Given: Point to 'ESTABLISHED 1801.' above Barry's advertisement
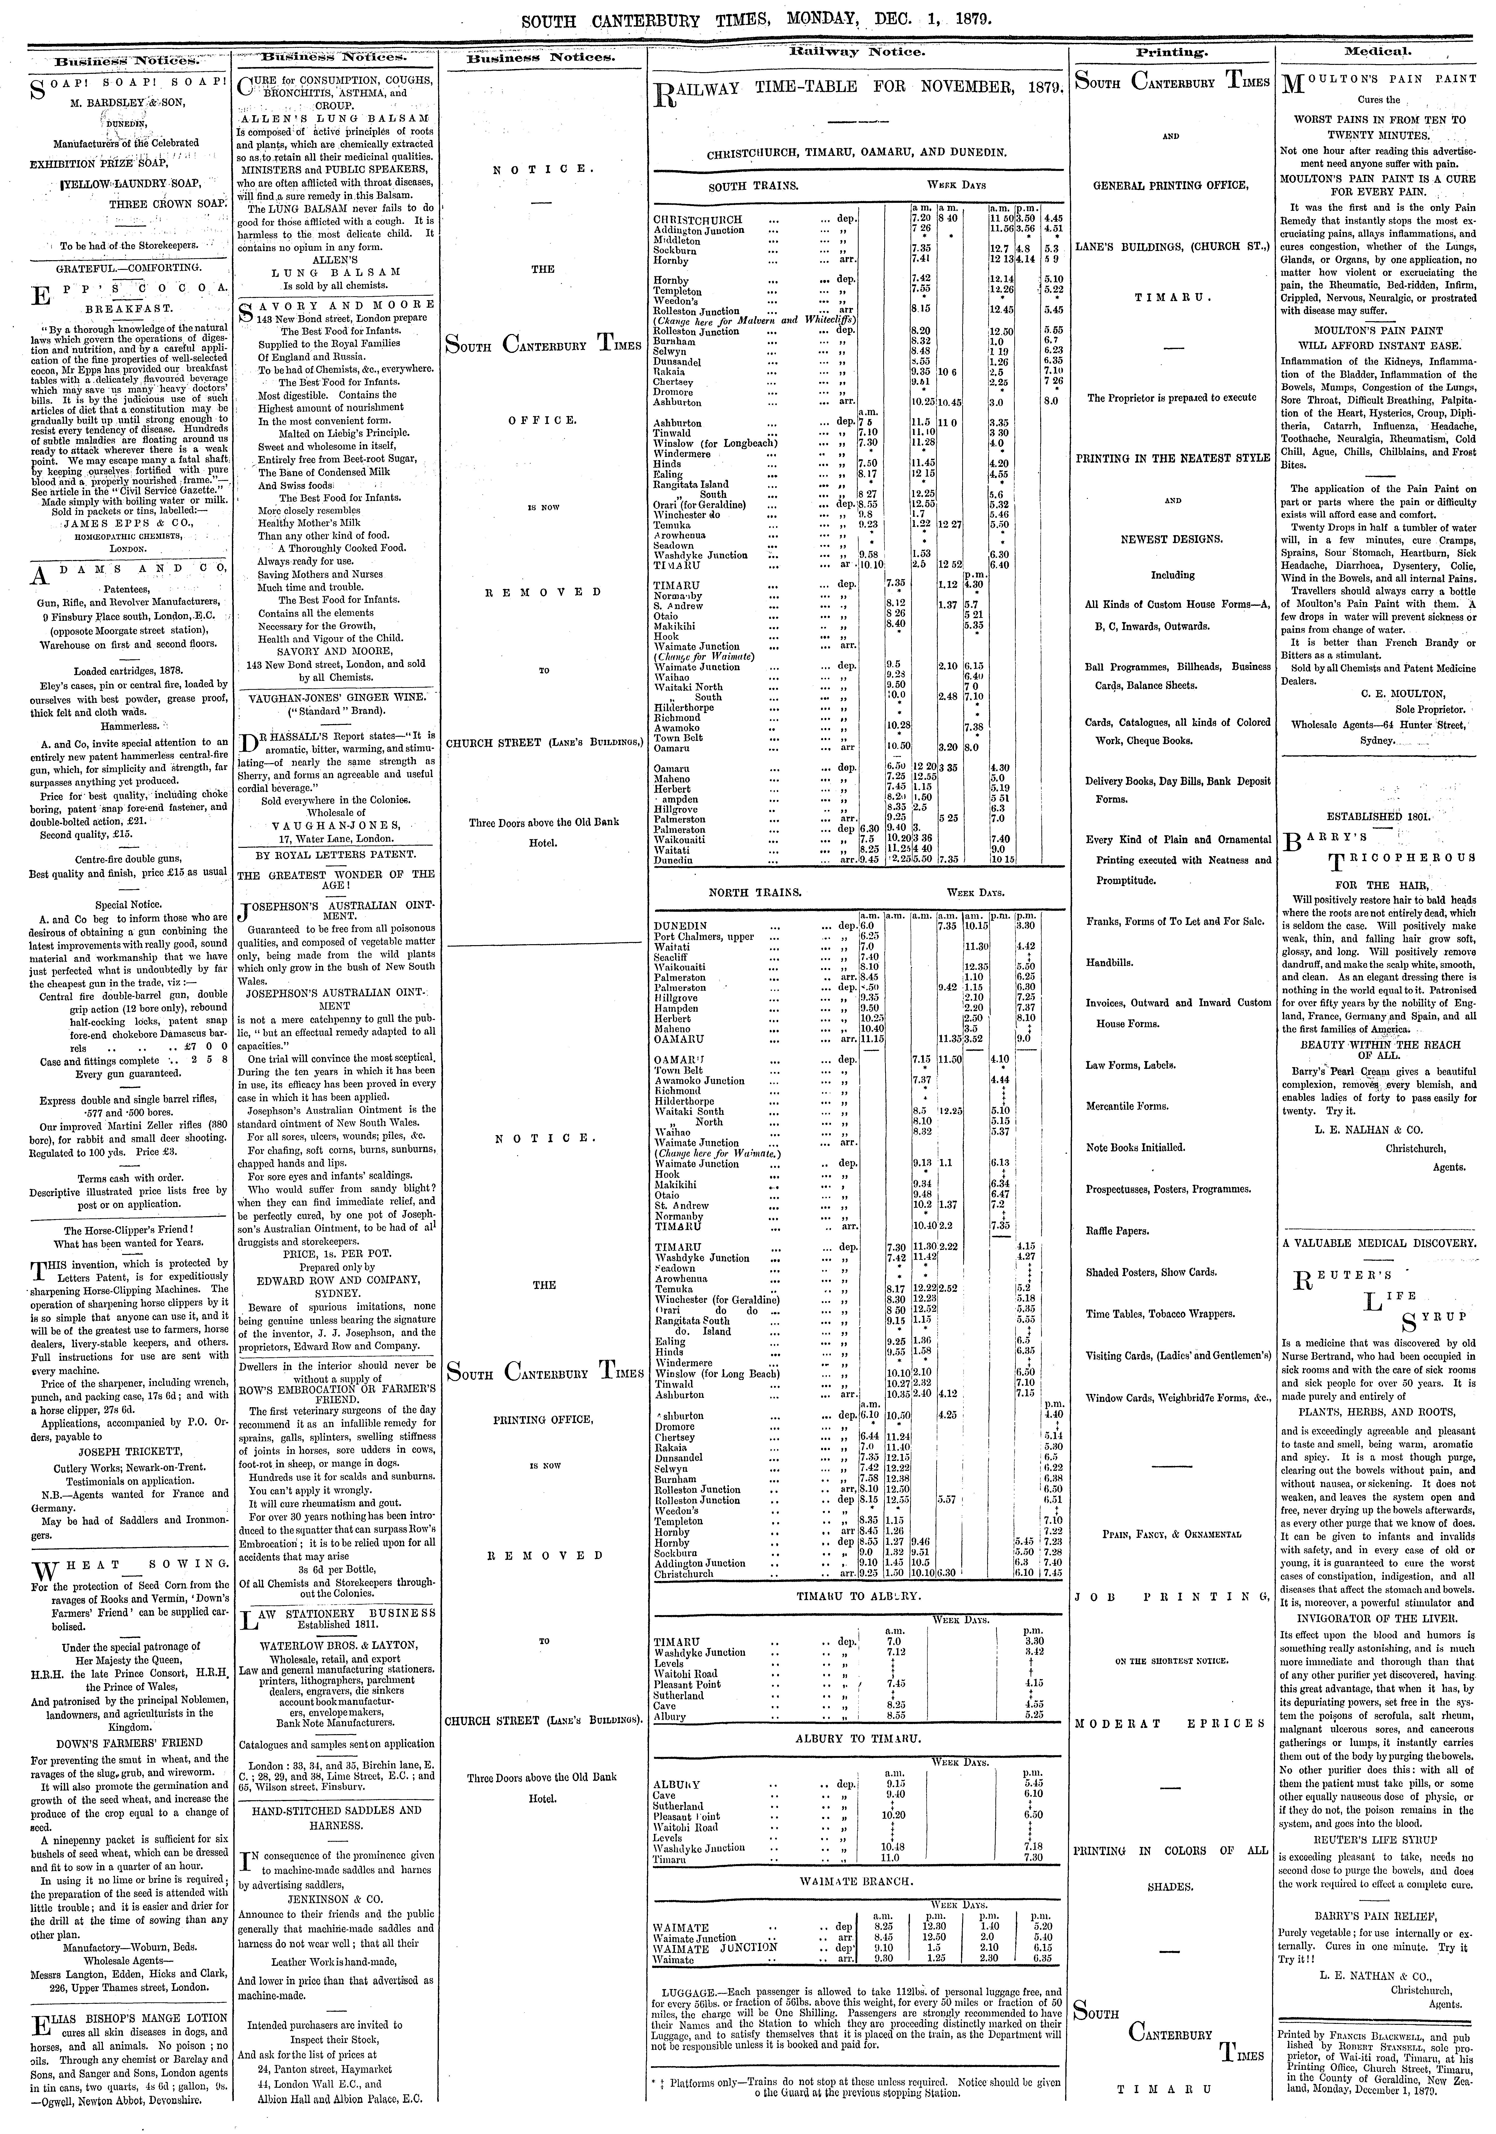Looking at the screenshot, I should (1378, 817).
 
